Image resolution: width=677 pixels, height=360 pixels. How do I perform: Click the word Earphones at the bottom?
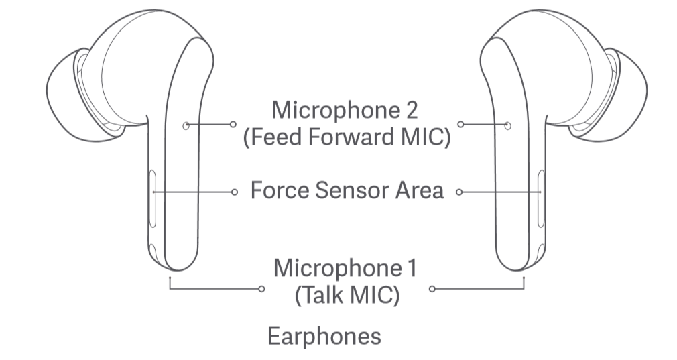click(x=324, y=335)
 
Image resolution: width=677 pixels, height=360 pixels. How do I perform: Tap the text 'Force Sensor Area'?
click(x=347, y=190)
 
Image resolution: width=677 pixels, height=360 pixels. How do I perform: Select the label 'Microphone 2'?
click(x=348, y=109)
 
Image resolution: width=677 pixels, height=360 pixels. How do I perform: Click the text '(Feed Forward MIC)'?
click(x=347, y=137)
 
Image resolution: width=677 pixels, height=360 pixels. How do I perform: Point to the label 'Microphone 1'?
click(x=345, y=268)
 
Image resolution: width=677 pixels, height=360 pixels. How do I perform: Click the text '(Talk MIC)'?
click(x=347, y=294)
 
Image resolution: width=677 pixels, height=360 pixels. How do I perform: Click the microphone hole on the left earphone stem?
click(x=186, y=125)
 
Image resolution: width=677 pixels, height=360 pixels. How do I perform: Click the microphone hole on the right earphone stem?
click(x=507, y=125)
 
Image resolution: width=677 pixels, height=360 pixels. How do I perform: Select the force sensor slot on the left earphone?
click(x=152, y=199)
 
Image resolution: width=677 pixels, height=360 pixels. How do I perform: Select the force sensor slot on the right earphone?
click(x=541, y=199)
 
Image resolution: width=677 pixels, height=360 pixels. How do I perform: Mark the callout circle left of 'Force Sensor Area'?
click(x=234, y=192)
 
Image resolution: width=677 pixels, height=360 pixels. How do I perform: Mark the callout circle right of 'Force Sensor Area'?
click(x=459, y=192)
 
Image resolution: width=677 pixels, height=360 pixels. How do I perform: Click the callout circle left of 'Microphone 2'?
click(x=233, y=125)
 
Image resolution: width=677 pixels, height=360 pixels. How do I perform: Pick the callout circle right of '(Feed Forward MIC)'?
click(x=460, y=125)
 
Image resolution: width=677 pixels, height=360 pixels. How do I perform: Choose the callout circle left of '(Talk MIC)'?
click(x=261, y=289)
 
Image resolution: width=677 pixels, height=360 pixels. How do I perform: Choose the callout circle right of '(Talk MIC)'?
click(x=432, y=289)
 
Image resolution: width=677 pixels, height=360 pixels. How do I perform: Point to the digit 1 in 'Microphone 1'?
click(x=412, y=268)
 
